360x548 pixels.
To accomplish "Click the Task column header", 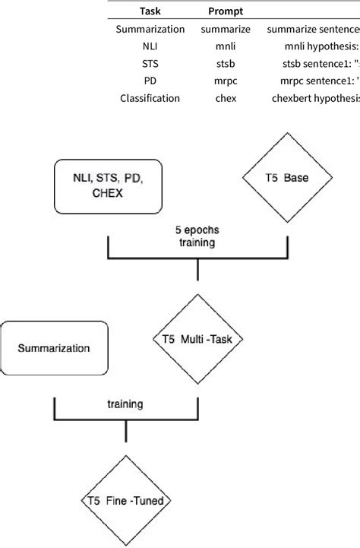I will (150, 12).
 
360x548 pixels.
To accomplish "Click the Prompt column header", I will (225, 12).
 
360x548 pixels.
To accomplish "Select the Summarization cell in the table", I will (150, 29).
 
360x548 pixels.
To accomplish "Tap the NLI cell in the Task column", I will (150, 46).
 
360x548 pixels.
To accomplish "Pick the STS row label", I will (150, 63).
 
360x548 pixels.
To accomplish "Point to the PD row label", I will (150, 81).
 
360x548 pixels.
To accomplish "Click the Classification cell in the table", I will (150, 98).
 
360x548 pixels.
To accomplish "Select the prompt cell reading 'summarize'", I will (225, 29).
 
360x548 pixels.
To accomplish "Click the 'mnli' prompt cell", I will (225, 46).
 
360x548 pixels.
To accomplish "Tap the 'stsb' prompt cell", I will (225, 63).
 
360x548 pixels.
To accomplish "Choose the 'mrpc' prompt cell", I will (225, 81).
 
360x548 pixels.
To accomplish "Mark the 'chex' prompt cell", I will (225, 98).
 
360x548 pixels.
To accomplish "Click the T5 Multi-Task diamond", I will (198, 340).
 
